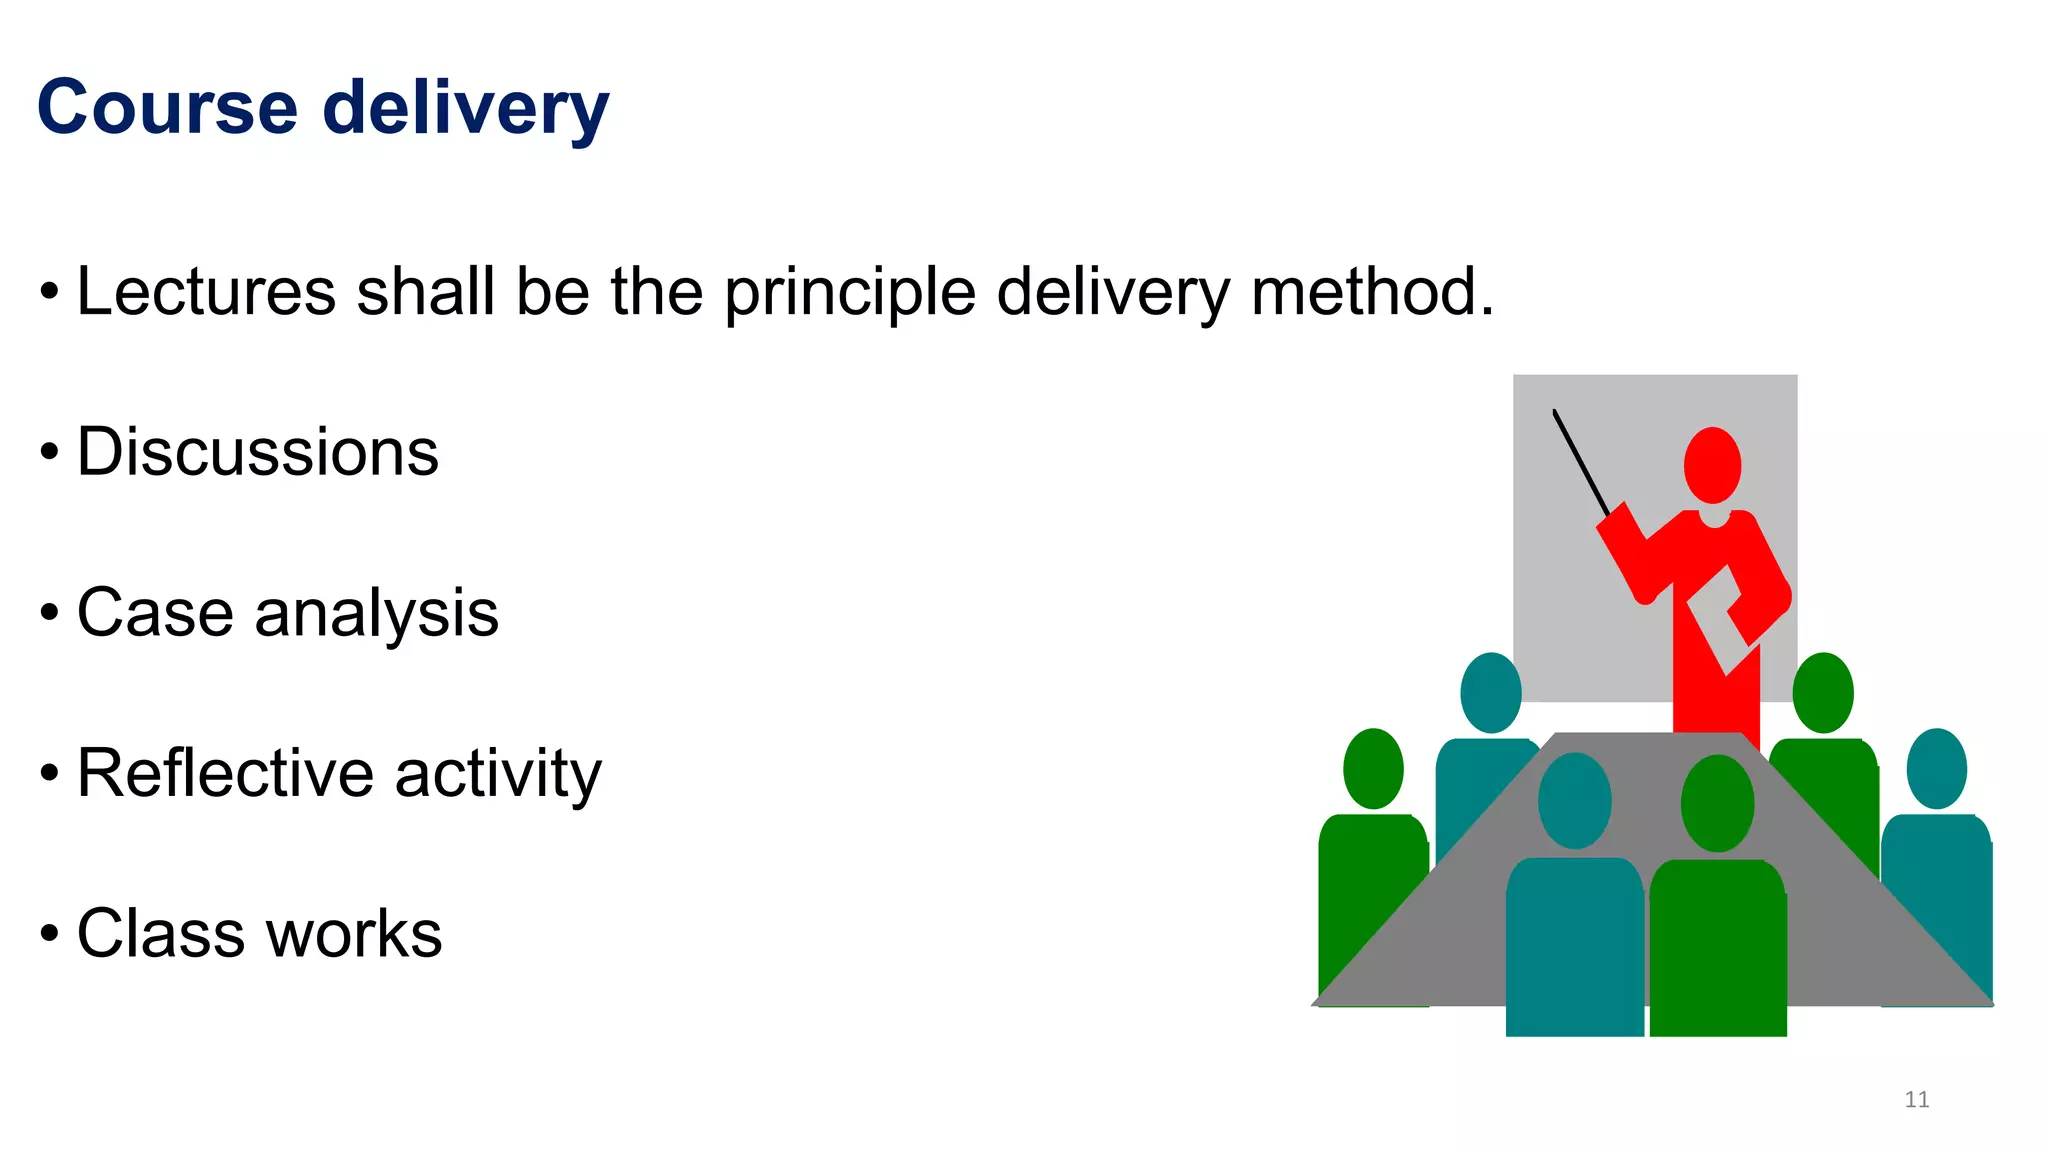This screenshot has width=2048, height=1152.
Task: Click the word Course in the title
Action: pyautogui.click(x=167, y=107)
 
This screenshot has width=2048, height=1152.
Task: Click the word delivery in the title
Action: pyautogui.click(x=466, y=107)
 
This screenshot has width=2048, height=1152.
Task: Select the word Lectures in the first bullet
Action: pyautogui.click(x=206, y=292)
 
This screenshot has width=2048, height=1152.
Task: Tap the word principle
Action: pyautogui.click(x=849, y=292)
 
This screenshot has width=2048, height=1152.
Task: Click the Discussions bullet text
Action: pyautogui.click(x=258, y=452)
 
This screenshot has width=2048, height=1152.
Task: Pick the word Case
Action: pyautogui.click(x=154, y=612)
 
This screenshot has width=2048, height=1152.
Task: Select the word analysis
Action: pyautogui.click(x=376, y=614)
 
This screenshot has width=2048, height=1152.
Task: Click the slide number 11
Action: pyautogui.click(x=1916, y=1099)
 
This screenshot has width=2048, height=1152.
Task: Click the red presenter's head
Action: pyautogui.click(x=1712, y=465)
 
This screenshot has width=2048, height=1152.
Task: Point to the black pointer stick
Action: pyautogui.click(x=1580, y=459)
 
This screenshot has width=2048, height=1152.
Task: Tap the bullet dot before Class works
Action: pyautogui.click(x=50, y=934)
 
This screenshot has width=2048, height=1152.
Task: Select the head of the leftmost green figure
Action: pyautogui.click(x=1373, y=768)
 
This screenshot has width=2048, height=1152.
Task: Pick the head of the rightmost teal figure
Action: pyautogui.click(x=1936, y=768)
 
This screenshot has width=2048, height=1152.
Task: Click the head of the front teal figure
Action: pyautogui.click(x=1574, y=800)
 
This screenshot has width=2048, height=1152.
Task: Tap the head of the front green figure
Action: pyautogui.click(x=1717, y=803)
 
